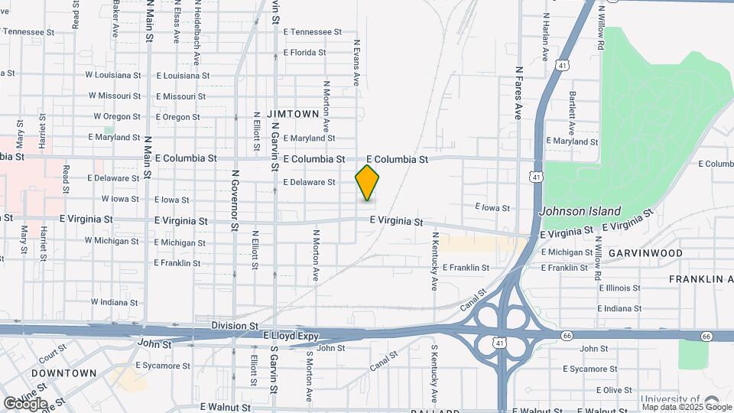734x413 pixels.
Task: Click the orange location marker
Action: tap(368, 183)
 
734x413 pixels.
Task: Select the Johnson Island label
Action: tap(580, 211)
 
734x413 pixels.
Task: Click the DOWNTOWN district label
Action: tap(64, 373)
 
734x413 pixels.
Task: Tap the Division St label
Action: tap(235, 325)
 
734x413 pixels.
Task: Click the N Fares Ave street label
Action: tap(518, 93)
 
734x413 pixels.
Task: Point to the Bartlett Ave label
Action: tap(571, 108)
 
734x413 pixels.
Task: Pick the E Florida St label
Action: tap(304, 54)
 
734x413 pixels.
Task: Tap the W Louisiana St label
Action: tap(112, 75)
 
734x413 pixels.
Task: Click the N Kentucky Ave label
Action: tap(434, 262)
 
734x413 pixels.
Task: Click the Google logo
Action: tap(26, 403)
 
